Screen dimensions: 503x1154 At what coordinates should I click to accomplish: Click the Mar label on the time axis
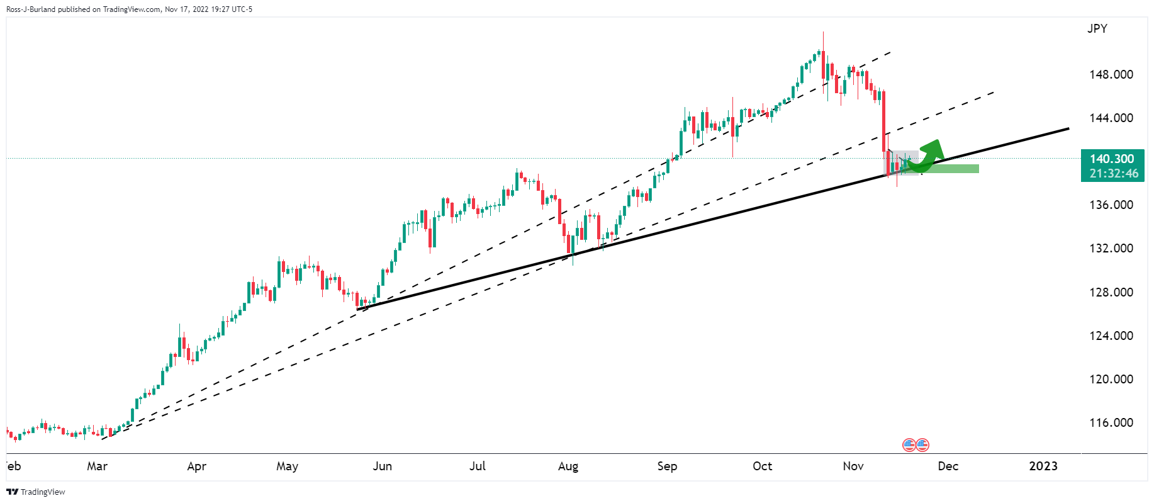[97, 466]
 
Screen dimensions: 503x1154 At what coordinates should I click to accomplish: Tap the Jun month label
[382, 466]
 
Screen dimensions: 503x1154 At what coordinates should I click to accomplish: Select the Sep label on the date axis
[667, 466]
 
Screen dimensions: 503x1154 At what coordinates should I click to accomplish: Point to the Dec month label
[948, 466]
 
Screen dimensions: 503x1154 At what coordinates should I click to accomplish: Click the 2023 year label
[1043, 466]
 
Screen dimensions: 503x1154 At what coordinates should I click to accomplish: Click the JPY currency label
[1097, 28]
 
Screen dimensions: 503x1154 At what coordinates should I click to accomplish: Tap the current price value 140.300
[1112, 159]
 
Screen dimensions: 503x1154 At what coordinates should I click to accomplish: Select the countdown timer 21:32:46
[1114, 174]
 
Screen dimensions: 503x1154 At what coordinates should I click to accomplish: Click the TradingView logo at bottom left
[36, 492]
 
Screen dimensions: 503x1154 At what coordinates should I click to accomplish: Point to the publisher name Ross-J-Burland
[31, 9]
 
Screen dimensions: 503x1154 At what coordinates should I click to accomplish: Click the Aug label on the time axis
[568, 466]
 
